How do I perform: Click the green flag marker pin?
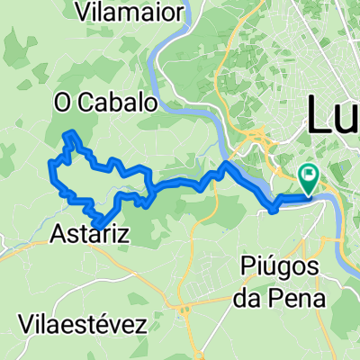(x=308, y=176)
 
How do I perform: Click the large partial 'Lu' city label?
(x=333, y=115)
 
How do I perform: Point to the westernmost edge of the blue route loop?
(x=49, y=163)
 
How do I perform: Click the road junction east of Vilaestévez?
(x=186, y=311)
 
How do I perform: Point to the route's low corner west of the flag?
(x=273, y=211)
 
